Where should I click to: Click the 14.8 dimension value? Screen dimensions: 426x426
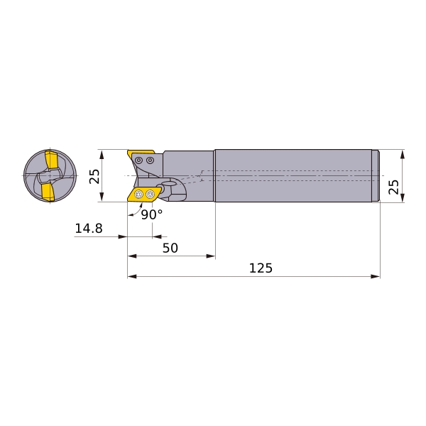click(89, 229)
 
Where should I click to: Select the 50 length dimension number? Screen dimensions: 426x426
click(170, 248)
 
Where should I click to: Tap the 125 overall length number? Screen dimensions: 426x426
click(261, 268)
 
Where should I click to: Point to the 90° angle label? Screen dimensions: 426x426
click(152, 214)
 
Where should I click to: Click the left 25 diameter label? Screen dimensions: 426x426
click(95, 176)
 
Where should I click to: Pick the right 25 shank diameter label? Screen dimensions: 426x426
click(393, 187)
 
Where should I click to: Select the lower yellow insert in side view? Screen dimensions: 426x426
click(144, 195)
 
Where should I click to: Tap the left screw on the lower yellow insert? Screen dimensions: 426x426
click(139, 195)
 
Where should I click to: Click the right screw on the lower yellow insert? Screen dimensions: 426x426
click(150, 195)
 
